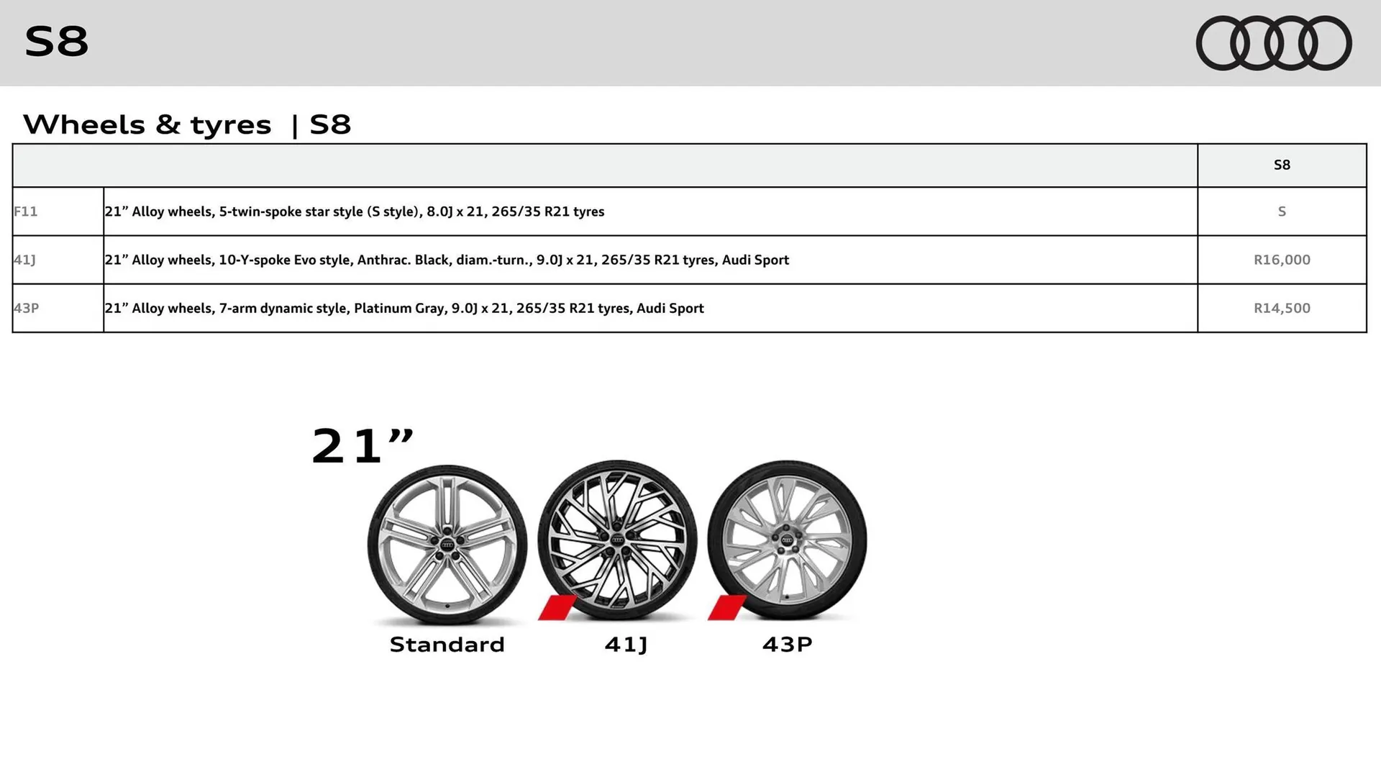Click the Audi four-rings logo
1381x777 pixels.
click(x=1274, y=43)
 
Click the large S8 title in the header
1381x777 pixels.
click(x=56, y=41)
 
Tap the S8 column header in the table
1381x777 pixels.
click(x=1282, y=165)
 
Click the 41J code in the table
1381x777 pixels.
click(x=24, y=260)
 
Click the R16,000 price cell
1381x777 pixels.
click(x=1282, y=260)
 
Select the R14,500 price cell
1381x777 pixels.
click(x=1282, y=308)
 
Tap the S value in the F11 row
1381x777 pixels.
click(x=1282, y=212)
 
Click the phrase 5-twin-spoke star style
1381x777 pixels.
click(x=291, y=212)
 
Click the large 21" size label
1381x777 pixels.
click(x=363, y=446)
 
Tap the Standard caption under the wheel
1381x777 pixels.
click(x=447, y=644)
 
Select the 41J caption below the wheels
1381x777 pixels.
click(x=626, y=644)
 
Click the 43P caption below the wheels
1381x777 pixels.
click(x=787, y=644)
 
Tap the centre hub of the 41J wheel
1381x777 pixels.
click(x=617, y=540)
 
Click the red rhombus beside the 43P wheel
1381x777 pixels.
click(x=726, y=608)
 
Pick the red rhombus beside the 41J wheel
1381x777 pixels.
click(x=557, y=608)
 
